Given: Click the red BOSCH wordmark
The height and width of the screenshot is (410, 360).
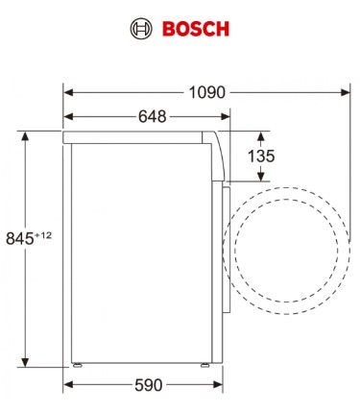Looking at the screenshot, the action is [196, 29].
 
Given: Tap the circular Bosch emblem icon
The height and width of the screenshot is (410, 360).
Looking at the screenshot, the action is [141, 29].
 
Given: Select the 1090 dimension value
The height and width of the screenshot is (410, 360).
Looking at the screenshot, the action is [207, 92].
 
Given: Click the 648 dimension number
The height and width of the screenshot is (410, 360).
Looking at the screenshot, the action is [153, 116].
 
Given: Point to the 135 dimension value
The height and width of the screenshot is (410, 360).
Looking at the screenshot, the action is [261, 157].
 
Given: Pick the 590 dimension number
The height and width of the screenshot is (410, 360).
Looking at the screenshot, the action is [149, 385].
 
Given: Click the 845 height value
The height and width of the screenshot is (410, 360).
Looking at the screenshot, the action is [20, 239].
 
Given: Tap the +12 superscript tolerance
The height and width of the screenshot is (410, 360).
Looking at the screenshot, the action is [43, 235].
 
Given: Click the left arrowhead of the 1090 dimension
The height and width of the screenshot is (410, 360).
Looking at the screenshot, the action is [69, 93].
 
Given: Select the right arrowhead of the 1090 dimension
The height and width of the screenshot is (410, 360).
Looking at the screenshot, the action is [345, 93].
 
